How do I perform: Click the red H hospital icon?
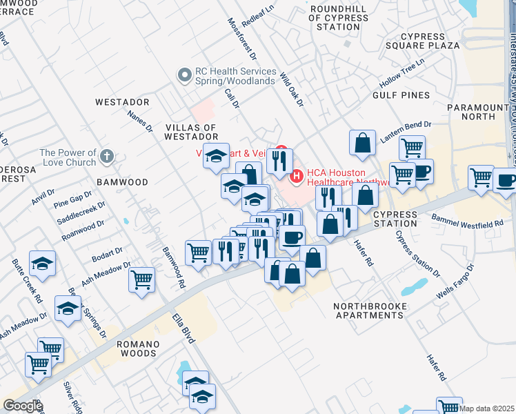coord(297,177)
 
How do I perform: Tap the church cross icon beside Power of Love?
coord(106,157)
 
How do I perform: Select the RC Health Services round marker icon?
coord(185,75)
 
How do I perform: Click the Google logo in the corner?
coord(22,405)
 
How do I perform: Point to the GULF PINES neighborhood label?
coord(401,95)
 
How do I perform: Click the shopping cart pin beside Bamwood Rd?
coord(142,280)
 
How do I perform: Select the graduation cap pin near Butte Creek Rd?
coord(43,264)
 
